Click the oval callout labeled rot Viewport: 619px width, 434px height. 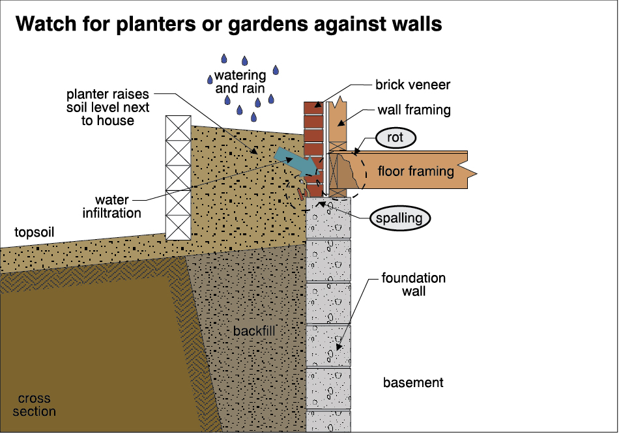pos(395,138)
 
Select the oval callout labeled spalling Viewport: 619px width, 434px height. pos(400,218)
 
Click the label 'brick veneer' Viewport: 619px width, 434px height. pos(412,85)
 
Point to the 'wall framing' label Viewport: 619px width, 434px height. pos(414,110)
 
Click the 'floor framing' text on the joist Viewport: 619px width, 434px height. pos(416,172)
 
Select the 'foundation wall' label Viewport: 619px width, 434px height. pos(414,285)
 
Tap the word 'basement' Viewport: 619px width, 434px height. pos(413,383)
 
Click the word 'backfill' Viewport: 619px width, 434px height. pos(254,331)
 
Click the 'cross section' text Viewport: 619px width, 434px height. pos(34,405)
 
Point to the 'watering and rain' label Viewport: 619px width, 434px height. pos(241,82)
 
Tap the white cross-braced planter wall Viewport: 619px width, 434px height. pos(178,177)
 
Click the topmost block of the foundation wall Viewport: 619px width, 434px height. pos(329,218)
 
